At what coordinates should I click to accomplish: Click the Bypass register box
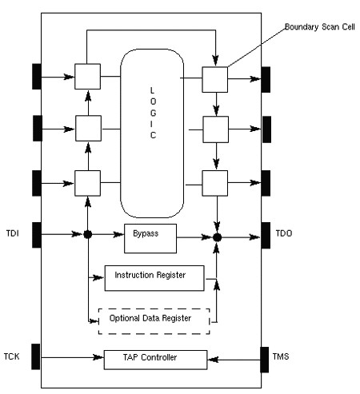pos(150,238)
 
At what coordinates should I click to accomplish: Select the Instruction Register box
pos(154,278)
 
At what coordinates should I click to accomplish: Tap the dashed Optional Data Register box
pos(154,321)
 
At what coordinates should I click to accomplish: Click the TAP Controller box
pos(155,360)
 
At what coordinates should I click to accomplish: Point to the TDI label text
pos(13,233)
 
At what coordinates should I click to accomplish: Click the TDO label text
pos(284,233)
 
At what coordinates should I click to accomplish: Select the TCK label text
pos(11,356)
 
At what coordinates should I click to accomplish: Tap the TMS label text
pos(281,356)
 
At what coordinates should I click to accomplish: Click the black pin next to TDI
pos(37,235)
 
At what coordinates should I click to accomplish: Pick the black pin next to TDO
pos(266,236)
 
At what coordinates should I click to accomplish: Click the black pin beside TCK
pos(36,356)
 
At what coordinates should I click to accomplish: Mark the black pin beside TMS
pos(265,360)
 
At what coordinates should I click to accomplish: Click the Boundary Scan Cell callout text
pos(320,27)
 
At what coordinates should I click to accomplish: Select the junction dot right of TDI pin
pos(88,234)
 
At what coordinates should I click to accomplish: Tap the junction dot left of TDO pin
pos(218,237)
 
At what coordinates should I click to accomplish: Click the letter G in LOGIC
pos(153,113)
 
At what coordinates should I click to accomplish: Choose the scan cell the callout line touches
pos(215,80)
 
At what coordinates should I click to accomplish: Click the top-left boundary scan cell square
pos(87,77)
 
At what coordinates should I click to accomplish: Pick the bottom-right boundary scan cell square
pos(215,183)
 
